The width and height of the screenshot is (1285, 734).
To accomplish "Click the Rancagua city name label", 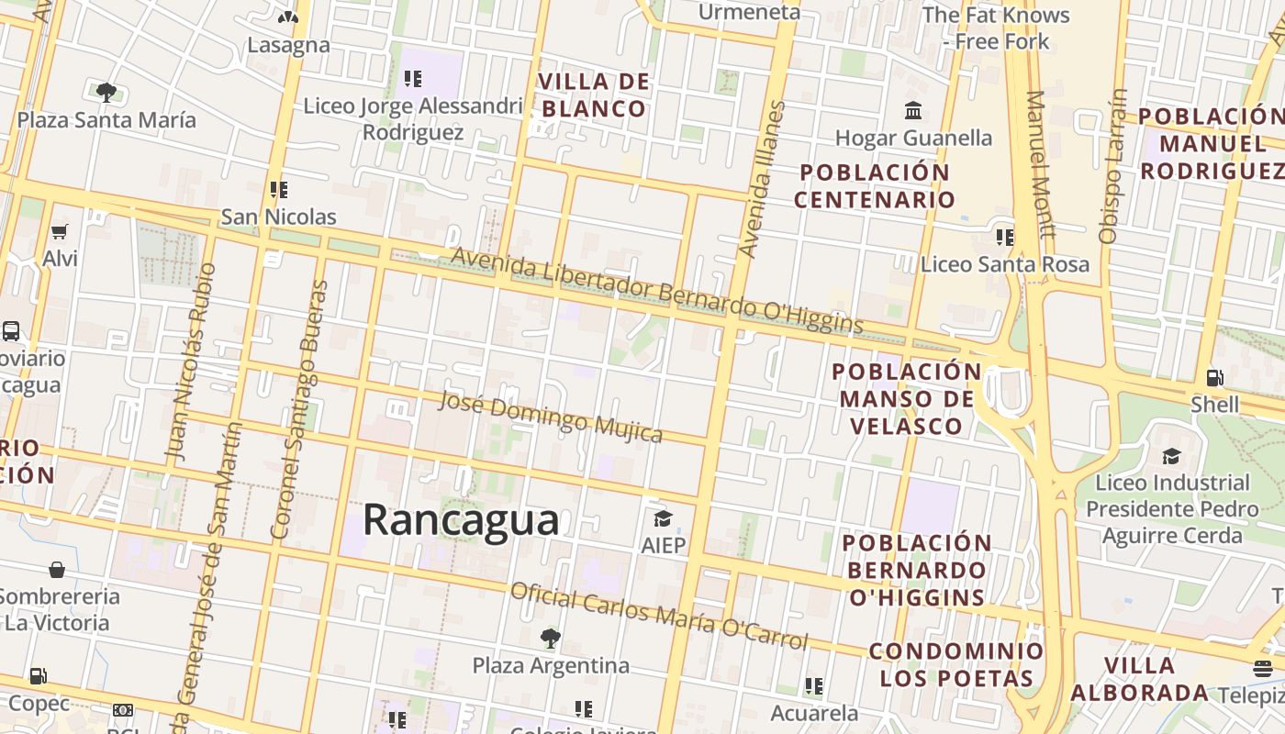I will tap(461, 519).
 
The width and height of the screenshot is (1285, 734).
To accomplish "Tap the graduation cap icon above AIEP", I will tap(663, 519).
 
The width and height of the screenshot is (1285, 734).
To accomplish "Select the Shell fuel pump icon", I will tap(1214, 377).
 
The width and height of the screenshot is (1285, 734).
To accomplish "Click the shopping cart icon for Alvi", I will tap(60, 232).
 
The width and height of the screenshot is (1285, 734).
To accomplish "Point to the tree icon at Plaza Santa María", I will tap(106, 92).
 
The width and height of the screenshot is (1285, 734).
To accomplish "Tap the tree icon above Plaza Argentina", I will tap(550, 638).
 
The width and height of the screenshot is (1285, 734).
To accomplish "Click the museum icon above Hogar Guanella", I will tap(913, 111).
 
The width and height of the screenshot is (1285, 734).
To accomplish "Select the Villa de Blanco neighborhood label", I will tap(594, 95).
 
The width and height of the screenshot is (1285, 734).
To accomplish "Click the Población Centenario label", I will tap(874, 185).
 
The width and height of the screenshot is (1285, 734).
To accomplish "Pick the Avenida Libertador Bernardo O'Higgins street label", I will tap(656, 291).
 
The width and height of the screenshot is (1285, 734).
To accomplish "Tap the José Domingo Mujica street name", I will tap(550, 417).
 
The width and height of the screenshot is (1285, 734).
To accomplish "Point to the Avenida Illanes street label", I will tap(763, 180).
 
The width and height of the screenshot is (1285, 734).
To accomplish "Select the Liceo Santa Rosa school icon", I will tap(1005, 238).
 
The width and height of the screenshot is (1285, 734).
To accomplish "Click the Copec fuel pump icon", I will tap(39, 677).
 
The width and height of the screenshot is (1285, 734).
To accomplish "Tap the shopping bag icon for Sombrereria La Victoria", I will tap(57, 570).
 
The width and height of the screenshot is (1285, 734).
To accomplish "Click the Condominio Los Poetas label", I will tap(956, 665).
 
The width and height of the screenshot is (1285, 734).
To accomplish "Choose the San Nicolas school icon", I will tap(279, 190).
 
